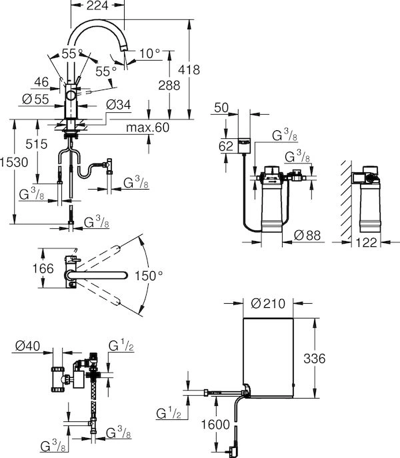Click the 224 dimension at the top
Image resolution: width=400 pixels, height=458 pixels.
[97, 5]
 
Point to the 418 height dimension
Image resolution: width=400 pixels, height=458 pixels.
[189, 70]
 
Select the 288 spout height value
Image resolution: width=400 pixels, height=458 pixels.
[169, 85]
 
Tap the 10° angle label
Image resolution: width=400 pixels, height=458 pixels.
[150, 53]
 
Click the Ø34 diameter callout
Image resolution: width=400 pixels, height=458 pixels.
[119, 105]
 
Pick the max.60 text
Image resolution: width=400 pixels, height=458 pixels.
[147, 128]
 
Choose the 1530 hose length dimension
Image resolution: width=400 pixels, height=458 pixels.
[14, 162]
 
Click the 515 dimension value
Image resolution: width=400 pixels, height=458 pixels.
[37, 144]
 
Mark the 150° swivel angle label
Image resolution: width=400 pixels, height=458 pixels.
[149, 276]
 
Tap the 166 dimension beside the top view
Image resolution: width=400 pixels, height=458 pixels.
[43, 268]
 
